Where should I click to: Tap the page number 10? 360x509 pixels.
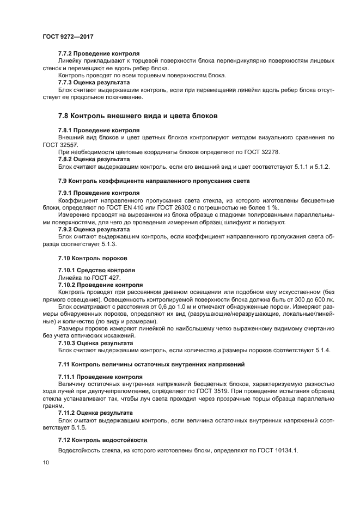[x=45, y=463]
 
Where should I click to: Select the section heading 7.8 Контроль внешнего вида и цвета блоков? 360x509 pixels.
[x=138, y=116]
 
